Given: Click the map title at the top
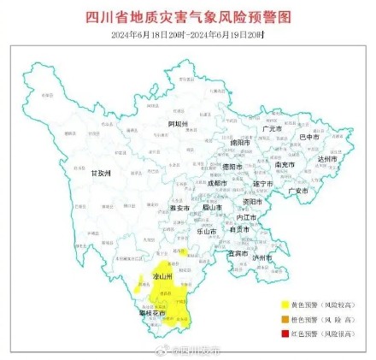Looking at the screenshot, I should click(x=188, y=16).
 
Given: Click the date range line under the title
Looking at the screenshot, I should click(x=188, y=33).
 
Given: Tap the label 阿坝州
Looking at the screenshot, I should click(x=177, y=124).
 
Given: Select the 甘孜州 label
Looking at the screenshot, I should click(x=101, y=172).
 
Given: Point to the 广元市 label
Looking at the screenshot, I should click(x=272, y=129).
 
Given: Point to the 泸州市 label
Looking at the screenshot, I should click(x=262, y=257).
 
